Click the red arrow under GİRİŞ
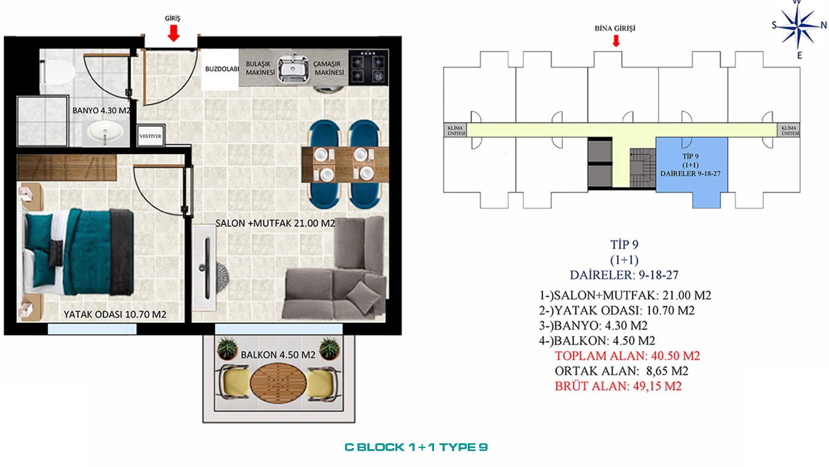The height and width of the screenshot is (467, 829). pyautogui.click(x=173, y=33)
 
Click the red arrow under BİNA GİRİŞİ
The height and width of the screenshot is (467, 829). pyautogui.click(x=616, y=40)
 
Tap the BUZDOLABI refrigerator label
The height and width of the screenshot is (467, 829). pyautogui.click(x=221, y=69)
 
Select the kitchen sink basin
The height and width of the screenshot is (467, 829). pyautogui.click(x=294, y=69)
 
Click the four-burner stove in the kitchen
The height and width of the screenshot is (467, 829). pyautogui.click(x=368, y=67)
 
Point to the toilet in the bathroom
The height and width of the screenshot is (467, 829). pyautogui.click(x=57, y=72)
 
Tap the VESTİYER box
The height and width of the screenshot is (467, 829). pyautogui.click(x=150, y=136)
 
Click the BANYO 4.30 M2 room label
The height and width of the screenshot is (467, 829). pyautogui.click(x=101, y=110)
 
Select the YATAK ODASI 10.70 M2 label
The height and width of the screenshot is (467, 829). pyautogui.click(x=115, y=315)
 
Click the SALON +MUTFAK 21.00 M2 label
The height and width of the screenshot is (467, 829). pyautogui.click(x=275, y=223)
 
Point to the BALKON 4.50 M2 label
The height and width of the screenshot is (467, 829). pyautogui.click(x=278, y=355)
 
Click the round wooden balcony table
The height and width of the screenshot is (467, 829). pyautogui.click(x=278, y=383)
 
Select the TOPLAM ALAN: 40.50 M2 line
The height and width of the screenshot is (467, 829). pyautogui.click(x=627, y=356)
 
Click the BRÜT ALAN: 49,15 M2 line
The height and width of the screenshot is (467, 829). pyautogui.click(x=618, y=386)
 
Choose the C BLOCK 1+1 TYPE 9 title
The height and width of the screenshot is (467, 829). pyautogui.click(x=416, y=447)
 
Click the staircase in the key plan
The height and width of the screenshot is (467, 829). pyautogui.click(x=643, y=168)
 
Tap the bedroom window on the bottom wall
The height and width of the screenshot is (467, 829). pyautogui.click(x=92, y=329)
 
